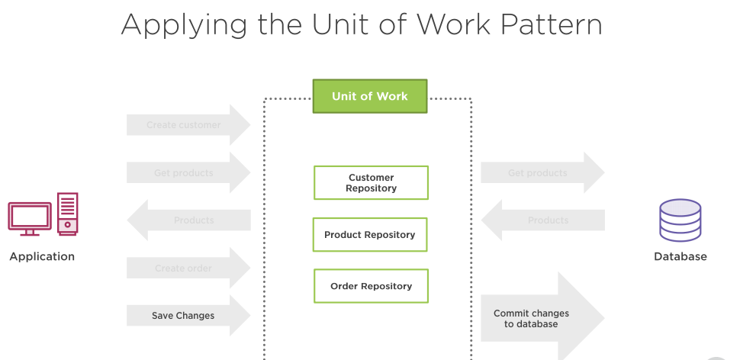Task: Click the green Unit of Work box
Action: tap(370, 96)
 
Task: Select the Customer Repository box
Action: tap(371, 183)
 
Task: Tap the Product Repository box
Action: tap(370, 235)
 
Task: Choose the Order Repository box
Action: tap(371, 286)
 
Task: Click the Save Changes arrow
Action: tap(187, 315)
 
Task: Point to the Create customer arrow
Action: tap(187, 125)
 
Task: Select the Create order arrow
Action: tap(187, 268)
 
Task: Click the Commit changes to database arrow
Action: tap(538, 318)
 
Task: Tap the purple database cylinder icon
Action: tap(680, 220)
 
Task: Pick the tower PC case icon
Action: tap(68, 214)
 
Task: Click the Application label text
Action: tap(42, 256)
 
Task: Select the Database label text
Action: tap(680, 256)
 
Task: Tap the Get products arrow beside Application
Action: tap(187, 172)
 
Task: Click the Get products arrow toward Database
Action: tap(541, 173)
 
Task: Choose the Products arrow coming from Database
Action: tap(543, 220)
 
